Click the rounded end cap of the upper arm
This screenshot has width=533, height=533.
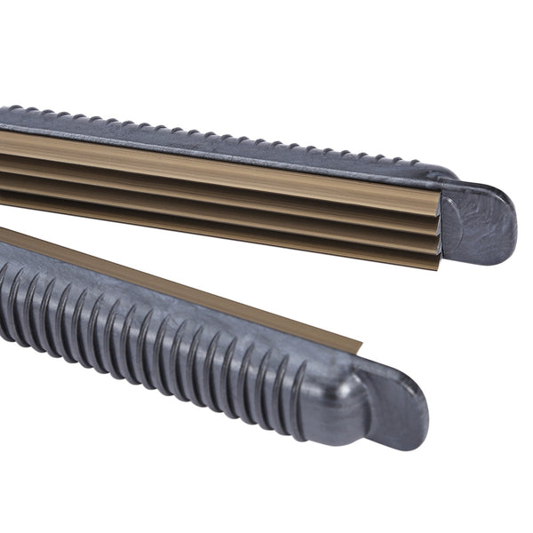coord(484,222)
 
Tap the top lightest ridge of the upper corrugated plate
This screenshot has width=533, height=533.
coord(222,168)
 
